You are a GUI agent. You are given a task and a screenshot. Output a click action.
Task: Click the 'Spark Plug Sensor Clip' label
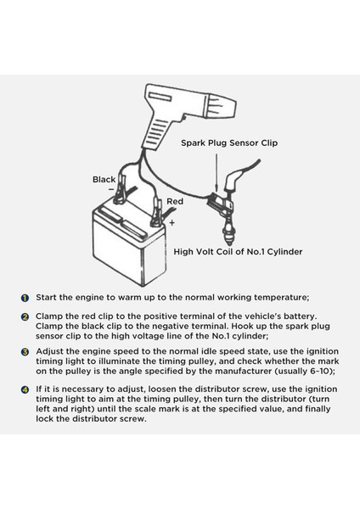(x=229, y=143)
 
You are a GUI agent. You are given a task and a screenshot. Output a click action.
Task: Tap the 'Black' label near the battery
(x=104, y=180)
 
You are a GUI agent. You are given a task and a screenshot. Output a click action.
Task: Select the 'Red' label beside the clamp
(x=175, y=201)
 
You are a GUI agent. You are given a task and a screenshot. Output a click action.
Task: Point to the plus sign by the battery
(x=172, y=222)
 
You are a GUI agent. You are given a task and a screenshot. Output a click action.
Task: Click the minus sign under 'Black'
(x=111, y=188)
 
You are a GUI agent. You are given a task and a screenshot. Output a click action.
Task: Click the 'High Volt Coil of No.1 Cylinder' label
(x=238, y=252)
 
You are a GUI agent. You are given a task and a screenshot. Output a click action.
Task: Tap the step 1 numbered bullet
(x=25, y=298)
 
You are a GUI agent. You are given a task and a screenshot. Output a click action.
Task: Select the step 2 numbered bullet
(x=25, y=317)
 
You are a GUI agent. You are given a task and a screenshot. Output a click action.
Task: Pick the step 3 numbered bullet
(x=25, y=352)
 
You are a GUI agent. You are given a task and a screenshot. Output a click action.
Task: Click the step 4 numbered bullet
(x=25, y=390)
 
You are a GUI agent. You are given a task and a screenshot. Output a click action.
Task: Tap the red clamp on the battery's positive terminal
(x=156, y=214)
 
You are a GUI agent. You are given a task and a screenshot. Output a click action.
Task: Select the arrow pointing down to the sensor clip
(x=216, y=172)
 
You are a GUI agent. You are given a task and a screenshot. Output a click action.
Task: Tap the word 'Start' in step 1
(x=47, y=298)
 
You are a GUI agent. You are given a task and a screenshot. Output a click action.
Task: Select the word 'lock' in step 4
(x=44, y=418)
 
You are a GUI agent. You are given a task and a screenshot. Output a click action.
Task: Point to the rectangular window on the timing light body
(x=160, y=97)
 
